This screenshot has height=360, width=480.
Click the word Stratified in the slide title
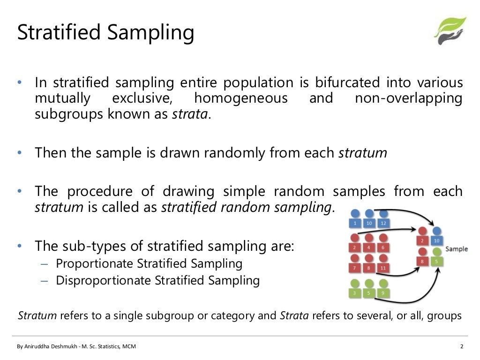click(x=57, y=33)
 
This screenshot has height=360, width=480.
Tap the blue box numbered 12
click(x=384, y=223)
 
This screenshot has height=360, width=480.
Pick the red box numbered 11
click(x=384, y=268)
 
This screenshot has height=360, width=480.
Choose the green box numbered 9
click(x=384, y=294)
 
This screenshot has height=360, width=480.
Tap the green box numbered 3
click(x=355, y=294)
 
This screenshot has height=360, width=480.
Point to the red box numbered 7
click(x=355, y=268)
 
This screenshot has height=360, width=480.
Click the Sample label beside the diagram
click(x=456, y=249)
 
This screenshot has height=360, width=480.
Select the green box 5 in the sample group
click(x=437, y=262)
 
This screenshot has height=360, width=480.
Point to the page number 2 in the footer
click(x=462, y=347)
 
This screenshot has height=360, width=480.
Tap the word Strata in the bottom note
click(x=294, y=315)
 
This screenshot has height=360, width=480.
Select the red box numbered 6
click(x=384, y=247)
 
